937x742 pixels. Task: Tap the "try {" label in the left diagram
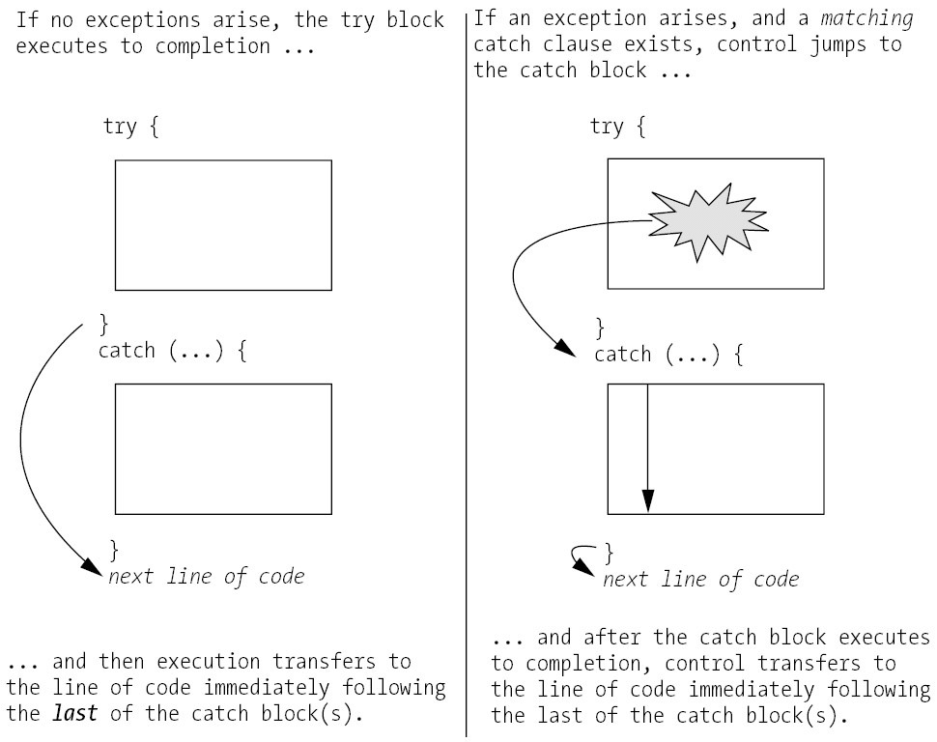point(129,127)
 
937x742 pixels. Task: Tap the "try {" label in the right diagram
point(617,127)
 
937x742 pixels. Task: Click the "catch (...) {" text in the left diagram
point(173,350)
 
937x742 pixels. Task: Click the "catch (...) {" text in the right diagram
point(668,355)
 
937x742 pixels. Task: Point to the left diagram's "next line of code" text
point(206,577)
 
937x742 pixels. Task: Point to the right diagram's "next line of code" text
point(701,579)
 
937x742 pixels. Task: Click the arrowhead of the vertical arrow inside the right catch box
point(647,501)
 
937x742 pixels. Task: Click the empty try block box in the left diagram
point(223,225)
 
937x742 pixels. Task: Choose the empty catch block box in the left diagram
point(223,448)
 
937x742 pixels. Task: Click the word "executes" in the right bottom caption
point(884,639)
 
